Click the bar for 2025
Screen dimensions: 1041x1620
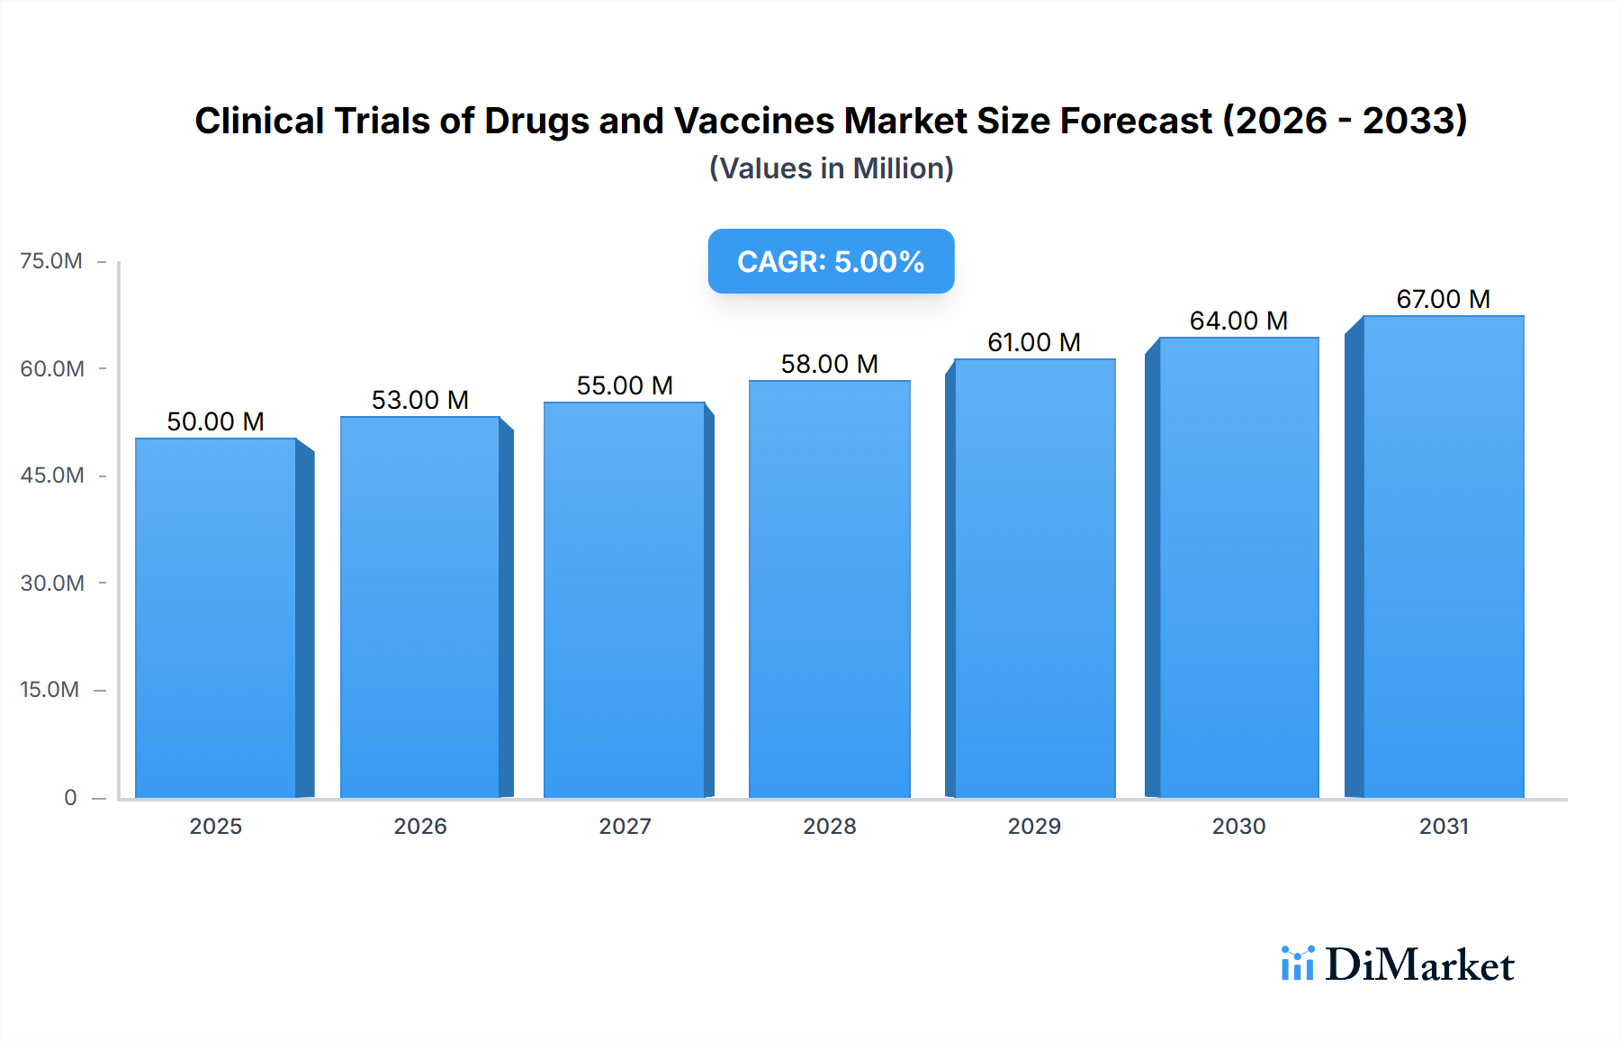coord(216,618)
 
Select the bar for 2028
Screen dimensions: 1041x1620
coord(829,590)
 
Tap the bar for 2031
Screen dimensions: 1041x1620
coord(1443,557)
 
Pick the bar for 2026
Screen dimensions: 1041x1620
coord(420,607)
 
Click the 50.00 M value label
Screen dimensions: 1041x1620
coord(216,421)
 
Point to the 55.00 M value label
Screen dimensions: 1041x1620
coord(625,385)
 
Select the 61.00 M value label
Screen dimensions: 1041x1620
coord(1034,342)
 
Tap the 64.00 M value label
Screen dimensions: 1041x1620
coord(1238,321)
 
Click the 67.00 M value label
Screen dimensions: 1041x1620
coord(1443,299)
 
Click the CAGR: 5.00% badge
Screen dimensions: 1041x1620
coord(831,261)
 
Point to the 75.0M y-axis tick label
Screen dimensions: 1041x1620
coord(51,261)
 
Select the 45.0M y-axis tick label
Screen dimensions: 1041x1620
coord(52,475)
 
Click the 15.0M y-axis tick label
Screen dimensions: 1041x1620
coord(49,690)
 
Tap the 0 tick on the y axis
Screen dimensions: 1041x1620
coord(70,797)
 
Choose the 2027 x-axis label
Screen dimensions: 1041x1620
coord(625,826)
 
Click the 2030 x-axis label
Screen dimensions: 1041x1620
coord(1238,826)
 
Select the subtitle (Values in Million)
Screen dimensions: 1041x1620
coord(831,168)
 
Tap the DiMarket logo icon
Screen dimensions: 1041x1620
coord(1297,964)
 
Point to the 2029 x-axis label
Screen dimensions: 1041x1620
coord(1034,826)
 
